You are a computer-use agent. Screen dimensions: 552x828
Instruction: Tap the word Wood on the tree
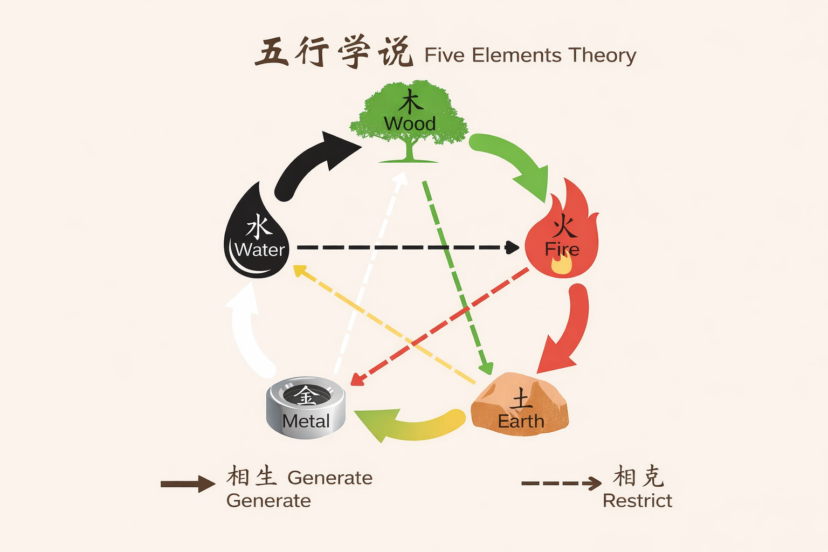(x=410, y=124)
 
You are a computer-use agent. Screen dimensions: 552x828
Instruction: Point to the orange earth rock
(x=520, y=404)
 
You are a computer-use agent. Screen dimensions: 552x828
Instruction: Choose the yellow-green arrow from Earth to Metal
(x=410, y=423)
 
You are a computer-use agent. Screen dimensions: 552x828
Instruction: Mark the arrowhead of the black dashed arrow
(x=512, y=247)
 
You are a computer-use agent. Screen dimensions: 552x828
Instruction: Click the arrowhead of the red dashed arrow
(x=356, y=380)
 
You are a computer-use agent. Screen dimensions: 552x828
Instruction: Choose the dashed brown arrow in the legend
(x=561, y=483)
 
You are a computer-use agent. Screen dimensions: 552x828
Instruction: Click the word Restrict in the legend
(x=637, y=501)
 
